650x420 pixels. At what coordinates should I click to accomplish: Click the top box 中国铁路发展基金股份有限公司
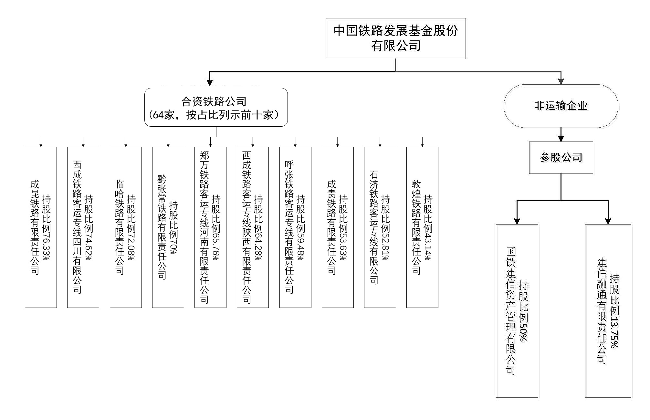[395, 38]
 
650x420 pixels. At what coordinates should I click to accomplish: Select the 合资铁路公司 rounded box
[216, 107]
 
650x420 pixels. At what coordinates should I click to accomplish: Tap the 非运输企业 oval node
[561, 106]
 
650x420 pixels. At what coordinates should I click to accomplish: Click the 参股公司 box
[561, 157]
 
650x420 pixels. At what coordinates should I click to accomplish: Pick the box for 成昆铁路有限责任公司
[41, 227]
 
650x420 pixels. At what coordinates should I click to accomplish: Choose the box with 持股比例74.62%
[83, 227]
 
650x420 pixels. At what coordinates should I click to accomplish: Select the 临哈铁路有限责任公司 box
[126, 227]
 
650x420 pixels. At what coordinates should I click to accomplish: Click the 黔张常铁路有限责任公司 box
[168, 227]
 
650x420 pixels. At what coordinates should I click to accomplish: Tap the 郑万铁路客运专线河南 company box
[210, 227]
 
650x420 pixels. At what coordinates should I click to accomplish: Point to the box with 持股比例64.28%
[253, 227]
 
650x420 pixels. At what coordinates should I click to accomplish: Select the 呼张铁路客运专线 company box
[295, 227]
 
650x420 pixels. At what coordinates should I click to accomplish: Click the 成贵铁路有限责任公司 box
[338, 227]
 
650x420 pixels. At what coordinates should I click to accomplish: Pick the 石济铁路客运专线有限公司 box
[380, 227]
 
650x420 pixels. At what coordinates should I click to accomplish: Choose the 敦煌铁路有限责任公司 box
[422, 227]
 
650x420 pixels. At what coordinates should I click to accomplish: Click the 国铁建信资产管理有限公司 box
[517, 311]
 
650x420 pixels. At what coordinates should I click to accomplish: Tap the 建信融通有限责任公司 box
[608, 311]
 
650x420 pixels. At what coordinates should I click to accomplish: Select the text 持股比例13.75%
[614, 311]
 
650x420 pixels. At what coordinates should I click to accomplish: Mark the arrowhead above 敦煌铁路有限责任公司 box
[422, 145]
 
